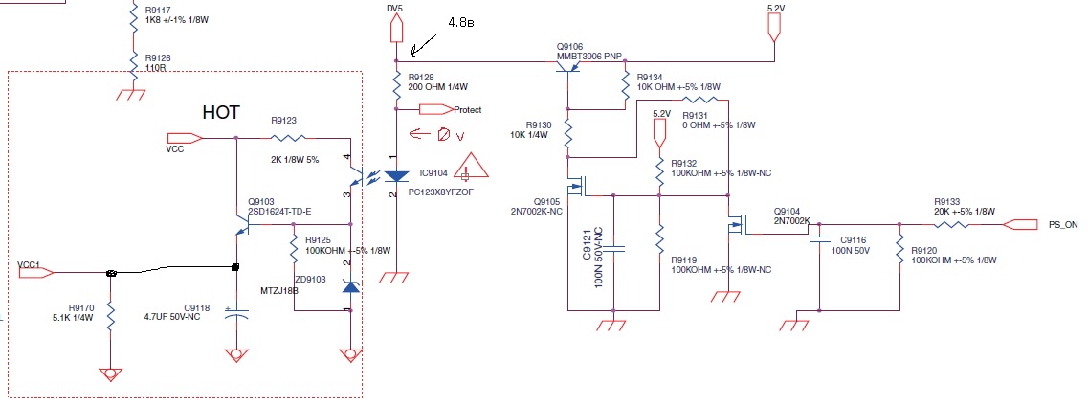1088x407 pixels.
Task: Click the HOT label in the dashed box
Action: coord(221,112)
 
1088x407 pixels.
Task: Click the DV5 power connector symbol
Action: coord(395,29)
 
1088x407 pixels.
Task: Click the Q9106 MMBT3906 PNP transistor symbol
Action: coord(566,68)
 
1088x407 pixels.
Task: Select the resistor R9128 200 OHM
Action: coord(395,87)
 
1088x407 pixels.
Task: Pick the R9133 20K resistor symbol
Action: coord(957,224)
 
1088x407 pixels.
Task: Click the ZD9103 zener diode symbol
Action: coord(351,286)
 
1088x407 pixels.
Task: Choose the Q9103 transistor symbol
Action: coord(243,224)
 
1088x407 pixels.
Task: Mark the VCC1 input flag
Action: coord(35,274)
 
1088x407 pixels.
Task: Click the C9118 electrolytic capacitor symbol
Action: coord(236,314)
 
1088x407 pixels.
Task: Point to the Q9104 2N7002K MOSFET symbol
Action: coord(736,226)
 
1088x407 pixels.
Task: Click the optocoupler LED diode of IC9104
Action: coord(395,177)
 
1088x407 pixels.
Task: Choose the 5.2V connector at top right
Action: coord(774,28)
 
